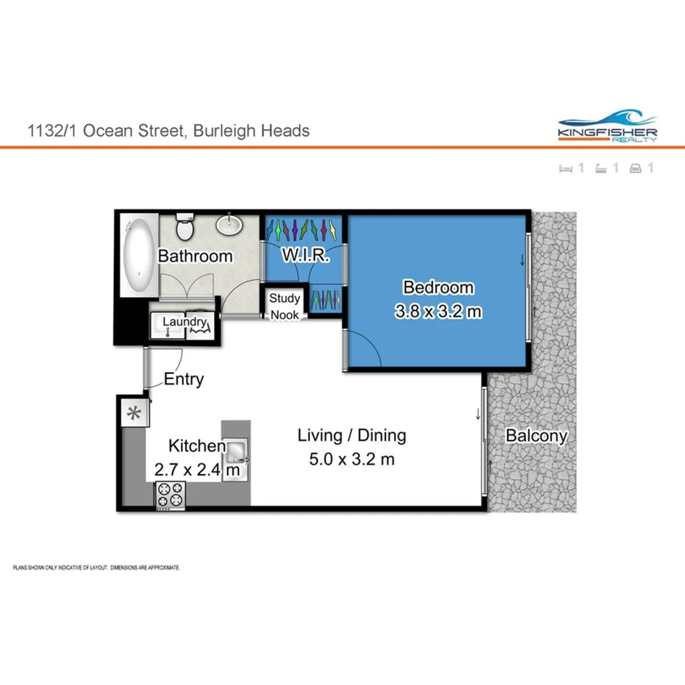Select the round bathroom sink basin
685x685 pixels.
point(231,224)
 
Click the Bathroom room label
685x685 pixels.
point(196,257)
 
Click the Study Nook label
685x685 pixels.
point(284,306)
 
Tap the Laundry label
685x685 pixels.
point(184,321)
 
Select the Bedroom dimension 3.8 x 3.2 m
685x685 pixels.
point(438,311)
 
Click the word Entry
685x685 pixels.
point(184,380)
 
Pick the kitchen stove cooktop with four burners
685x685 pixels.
point(171,494)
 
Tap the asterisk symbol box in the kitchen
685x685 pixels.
point(134,412)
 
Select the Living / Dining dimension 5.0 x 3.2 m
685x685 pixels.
point(351,460)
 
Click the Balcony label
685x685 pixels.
point(537,436)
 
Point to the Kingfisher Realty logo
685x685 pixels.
point(608,126)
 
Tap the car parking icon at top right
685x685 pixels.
point(636,168)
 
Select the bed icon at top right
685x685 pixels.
point(565,168)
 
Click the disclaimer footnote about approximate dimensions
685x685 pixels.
point(96,568)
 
